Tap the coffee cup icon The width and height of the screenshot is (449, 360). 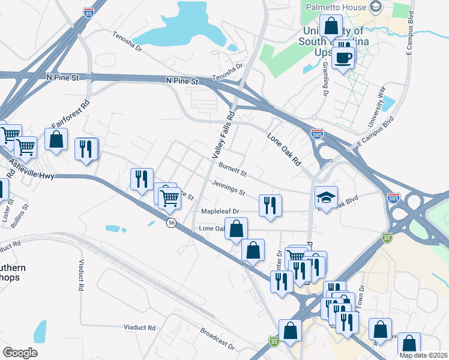343,58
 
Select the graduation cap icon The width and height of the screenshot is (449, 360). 325,198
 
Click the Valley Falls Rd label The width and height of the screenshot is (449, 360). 222,134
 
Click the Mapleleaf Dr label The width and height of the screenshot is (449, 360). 220,211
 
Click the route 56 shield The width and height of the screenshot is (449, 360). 172,223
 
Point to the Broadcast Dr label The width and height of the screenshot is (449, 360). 217,338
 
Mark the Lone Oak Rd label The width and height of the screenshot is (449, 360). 283,150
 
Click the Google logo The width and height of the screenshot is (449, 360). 20,353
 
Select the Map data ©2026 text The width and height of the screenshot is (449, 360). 423,355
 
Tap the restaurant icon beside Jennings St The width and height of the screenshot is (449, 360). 270,205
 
